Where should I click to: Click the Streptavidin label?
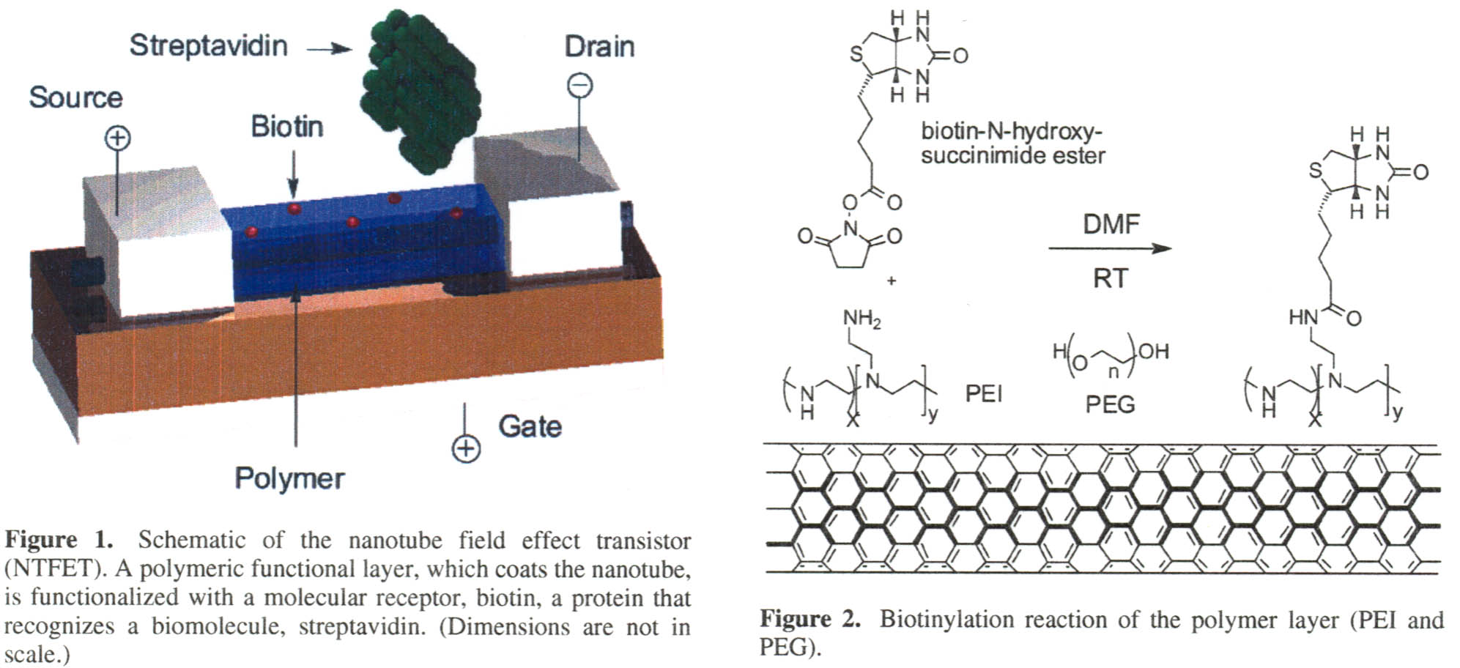[208, 45]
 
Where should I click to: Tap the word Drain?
[599, 46]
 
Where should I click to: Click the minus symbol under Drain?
[579, 86]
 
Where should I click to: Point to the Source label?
[75, 97]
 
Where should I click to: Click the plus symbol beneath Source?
[118, 138]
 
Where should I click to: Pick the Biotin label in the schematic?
[286, 126]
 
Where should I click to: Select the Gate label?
[530, 426]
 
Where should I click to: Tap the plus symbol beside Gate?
[467, 449]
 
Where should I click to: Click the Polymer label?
[289, 478]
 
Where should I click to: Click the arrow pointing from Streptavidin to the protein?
[329, 49]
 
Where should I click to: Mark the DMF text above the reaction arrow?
[1111, 223]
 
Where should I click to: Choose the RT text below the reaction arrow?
[1110, 278]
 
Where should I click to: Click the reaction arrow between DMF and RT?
[1109, 248]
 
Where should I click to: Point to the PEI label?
[983, 394]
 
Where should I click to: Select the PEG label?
[1110, 404]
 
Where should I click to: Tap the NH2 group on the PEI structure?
[861, 319]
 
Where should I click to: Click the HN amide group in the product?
[1303, 317]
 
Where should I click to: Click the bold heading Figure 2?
[809, 619]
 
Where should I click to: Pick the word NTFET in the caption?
[55, 568]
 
